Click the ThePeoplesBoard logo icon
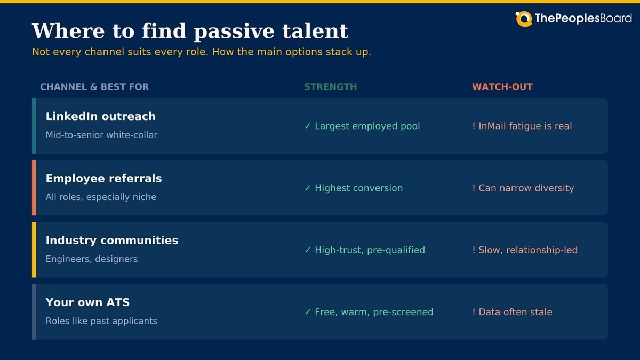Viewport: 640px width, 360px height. point(524,19)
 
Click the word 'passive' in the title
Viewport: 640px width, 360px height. point(234,32)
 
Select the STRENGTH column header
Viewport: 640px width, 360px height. point(330,87)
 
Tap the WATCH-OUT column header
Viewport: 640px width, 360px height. point(502,87)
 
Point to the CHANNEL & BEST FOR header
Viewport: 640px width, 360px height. point(94,87)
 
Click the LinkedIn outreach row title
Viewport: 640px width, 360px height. point(101,116)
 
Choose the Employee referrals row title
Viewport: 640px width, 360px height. point(103,179)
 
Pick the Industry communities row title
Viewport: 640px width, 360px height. point(111,241)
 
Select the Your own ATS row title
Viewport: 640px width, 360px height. point(87,302)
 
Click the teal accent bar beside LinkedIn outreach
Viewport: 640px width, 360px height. point(34,126)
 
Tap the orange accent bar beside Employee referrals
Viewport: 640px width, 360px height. point(34,188)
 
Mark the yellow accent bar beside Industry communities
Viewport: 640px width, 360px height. point(34,250)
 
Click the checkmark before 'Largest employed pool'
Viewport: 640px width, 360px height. point(307,126)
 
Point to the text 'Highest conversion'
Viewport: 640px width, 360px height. point(358,188)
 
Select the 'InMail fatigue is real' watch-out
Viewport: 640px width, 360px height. point(525,126)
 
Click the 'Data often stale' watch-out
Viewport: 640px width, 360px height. point(515,312)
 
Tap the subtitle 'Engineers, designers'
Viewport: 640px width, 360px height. point(91,259)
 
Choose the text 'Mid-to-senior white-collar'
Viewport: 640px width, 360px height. point(101,135)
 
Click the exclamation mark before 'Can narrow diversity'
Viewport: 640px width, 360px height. point(474,188)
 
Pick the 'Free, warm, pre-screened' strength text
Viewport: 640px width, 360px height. point(374,312)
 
